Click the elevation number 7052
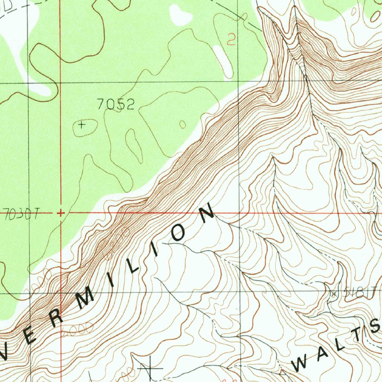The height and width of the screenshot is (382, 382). [x=115, y=104]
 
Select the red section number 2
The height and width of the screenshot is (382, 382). [x=231, y=39]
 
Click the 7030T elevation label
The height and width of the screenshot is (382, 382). [x=22, y=215]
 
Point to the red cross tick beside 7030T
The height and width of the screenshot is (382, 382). [x=60, y=213]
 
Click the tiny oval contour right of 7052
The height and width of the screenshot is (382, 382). [x=182, y=124]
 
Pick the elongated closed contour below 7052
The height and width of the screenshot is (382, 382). [x=134, y=145]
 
